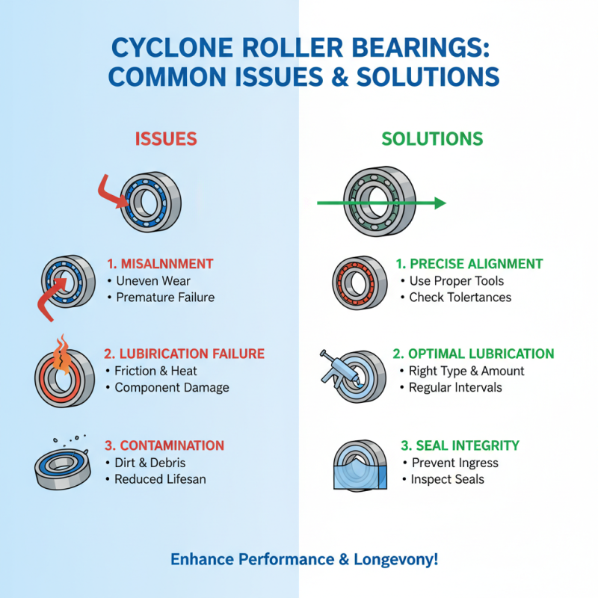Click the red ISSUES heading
166,138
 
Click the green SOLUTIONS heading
432,139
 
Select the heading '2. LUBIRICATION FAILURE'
185,354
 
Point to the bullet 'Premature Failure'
165,298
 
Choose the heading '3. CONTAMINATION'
164,446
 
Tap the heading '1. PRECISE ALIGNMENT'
469,264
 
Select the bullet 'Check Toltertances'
460,298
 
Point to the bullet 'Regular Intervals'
455,387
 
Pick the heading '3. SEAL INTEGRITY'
460,446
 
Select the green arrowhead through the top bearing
439,203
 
